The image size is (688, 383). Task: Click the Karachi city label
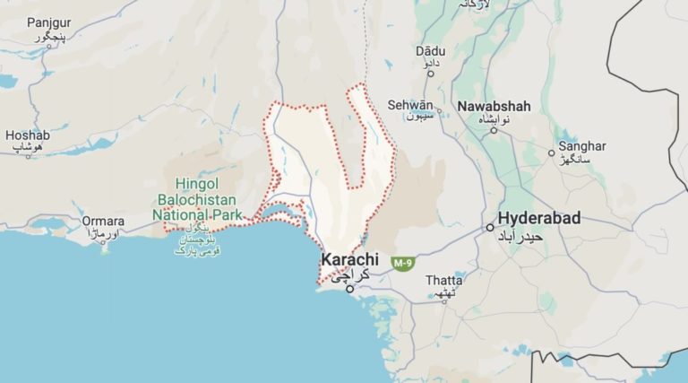point(350,260)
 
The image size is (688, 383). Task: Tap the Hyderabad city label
point(539,218)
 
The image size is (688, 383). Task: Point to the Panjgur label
point(48,22)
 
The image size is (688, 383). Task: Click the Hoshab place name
point(28,135)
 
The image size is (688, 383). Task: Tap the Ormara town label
point(103,221)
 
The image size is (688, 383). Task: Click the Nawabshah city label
point(494,106)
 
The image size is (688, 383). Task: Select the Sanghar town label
point(581,146)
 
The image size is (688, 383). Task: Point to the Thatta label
point(444,280)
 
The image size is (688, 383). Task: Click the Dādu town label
point(430,51)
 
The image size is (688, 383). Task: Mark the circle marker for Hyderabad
point(490,228)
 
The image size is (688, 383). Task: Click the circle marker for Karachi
point(350,288)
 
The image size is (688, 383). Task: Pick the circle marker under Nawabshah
point(494,131)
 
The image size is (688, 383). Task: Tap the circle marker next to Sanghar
point(552,153)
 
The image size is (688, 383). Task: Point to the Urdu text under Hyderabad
point(540,236)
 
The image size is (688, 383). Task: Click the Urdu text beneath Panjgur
point(50,38)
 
